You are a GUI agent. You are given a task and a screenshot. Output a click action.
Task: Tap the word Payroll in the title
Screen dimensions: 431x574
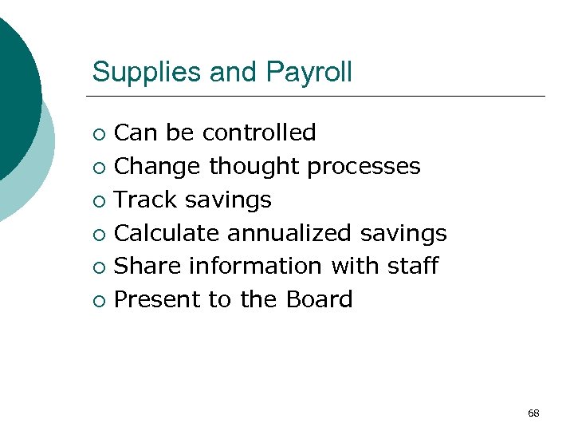point(309,73)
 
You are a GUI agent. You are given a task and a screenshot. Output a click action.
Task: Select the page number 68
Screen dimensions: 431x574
point(533,413)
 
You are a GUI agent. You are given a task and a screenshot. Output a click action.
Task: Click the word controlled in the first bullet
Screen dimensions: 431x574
point(259,132)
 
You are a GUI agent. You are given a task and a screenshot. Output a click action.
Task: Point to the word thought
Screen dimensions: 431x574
point(254,166)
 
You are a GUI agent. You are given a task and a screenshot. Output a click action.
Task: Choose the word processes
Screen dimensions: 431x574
point(364,166)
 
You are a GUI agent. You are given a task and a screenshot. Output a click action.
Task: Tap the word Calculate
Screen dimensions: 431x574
point(167,233)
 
